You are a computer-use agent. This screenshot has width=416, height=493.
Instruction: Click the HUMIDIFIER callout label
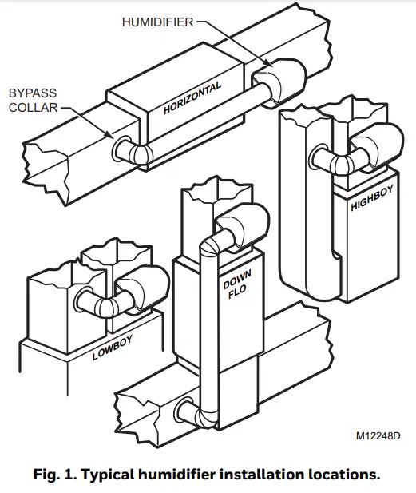157,22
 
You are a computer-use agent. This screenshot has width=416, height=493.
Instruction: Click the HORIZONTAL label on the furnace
192,97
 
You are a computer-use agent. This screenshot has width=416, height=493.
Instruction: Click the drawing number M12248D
379,437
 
